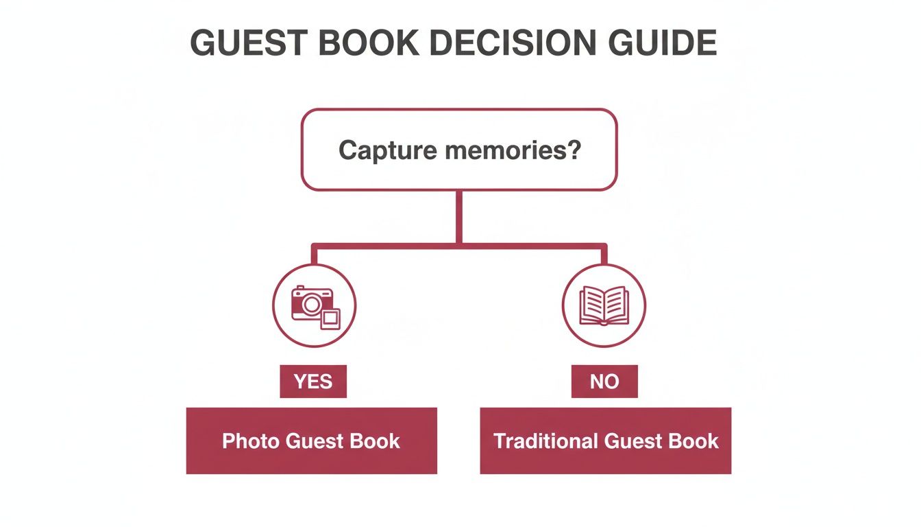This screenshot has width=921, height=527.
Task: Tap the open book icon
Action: [604, 305]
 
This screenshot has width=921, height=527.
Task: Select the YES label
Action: [313, 382]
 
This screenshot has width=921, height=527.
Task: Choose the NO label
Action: [604, 382]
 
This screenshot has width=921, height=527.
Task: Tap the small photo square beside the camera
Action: [330, 319]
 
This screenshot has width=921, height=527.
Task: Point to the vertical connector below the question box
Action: [459, 216]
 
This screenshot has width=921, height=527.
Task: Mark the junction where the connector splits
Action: [459, 244]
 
